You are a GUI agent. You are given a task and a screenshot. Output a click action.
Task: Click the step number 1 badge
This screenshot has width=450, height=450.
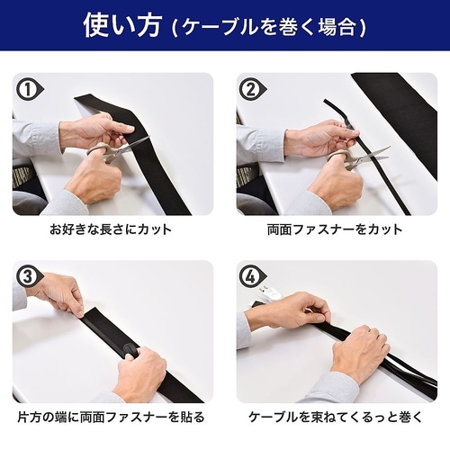click(x=28, y=89)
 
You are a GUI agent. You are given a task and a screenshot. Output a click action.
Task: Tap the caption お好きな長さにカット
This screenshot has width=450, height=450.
click(x=112, y=230)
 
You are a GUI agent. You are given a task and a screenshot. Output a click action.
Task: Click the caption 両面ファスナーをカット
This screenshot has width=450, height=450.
click(x=337, y=230)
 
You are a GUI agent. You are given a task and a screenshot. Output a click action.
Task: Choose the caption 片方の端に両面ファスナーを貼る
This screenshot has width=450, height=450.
click(x=112, y=418)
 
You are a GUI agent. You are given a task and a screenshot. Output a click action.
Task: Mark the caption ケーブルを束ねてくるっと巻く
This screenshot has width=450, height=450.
click(x=337, y=418)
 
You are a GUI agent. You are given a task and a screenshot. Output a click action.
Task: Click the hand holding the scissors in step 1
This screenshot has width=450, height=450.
click(x=94, y=175)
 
